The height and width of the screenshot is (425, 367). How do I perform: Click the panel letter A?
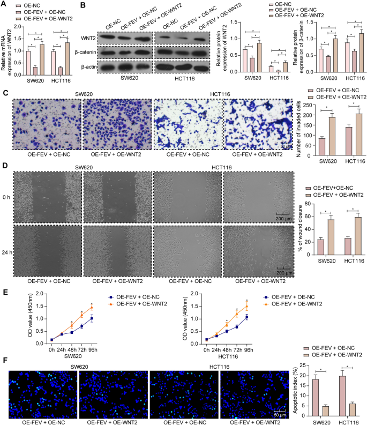[x=4, y=4]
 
